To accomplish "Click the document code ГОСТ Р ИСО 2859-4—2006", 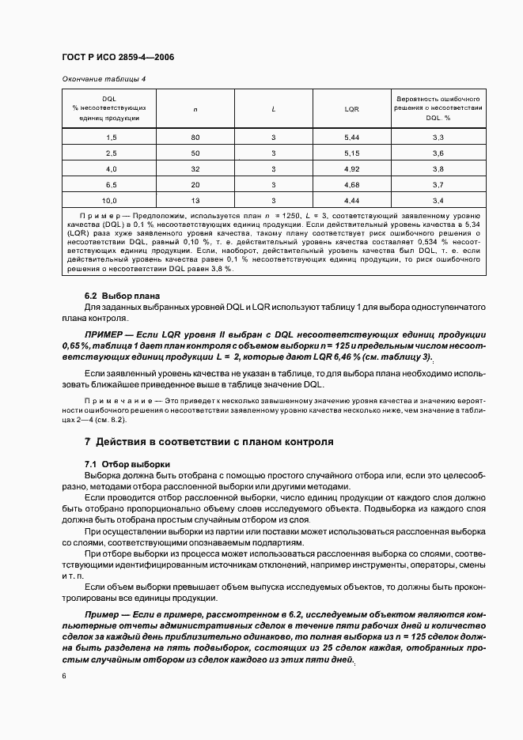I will point(118,58).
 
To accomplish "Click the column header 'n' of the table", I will point(195,109).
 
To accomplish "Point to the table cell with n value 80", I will point(195,138).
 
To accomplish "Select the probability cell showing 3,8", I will point(438,168).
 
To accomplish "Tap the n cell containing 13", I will point(195,200).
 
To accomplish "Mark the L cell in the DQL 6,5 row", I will point(273,184).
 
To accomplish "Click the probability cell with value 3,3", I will point(438,138).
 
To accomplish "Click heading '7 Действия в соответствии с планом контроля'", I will point(209,441).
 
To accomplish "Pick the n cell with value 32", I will point(195,168).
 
